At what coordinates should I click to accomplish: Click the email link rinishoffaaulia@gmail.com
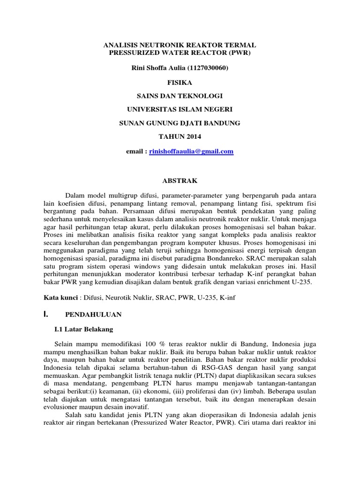191,152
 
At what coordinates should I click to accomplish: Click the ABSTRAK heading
180,180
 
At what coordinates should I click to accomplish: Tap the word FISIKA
180,82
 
